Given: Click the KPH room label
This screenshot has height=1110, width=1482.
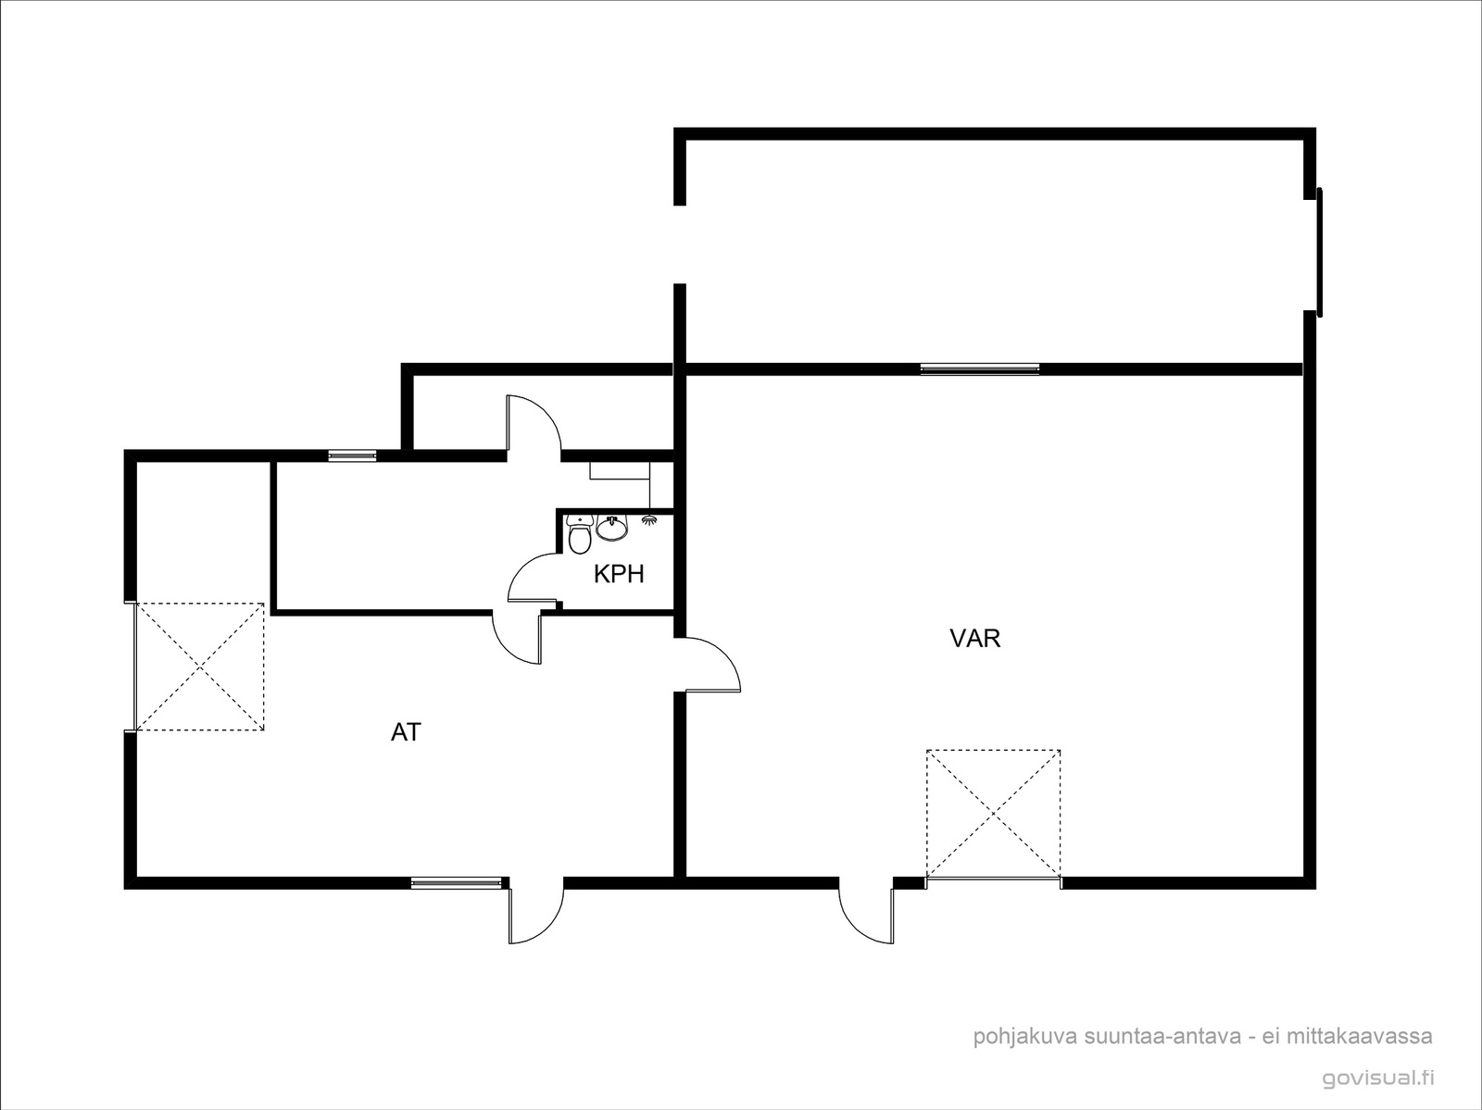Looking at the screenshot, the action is click(619, 574).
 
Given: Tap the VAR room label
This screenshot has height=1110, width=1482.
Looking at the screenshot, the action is click(975, 639).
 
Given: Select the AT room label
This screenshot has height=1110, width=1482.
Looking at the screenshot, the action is click(406, 732).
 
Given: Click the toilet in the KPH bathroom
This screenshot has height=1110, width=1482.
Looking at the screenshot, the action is click(579, 534).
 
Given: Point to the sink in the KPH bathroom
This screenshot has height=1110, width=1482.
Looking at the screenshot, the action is click(611, 528).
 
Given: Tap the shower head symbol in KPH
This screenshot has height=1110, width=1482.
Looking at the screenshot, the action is click(649, 520).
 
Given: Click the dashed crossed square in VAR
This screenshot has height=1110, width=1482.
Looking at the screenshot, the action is click(993, 815).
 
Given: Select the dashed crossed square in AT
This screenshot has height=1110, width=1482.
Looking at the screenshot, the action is click(200, 667).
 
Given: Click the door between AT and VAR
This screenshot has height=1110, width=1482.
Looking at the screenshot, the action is click(713, 665).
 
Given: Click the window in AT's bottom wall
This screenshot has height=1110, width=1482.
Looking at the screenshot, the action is click(457, 882).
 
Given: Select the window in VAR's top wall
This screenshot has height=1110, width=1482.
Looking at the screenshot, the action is click(980, 368).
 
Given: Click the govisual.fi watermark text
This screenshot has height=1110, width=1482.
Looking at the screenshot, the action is click(1377, 1078).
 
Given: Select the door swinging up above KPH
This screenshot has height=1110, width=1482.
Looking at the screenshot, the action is click(534, 423).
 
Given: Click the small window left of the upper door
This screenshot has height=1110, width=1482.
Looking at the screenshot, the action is click(352, 455).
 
